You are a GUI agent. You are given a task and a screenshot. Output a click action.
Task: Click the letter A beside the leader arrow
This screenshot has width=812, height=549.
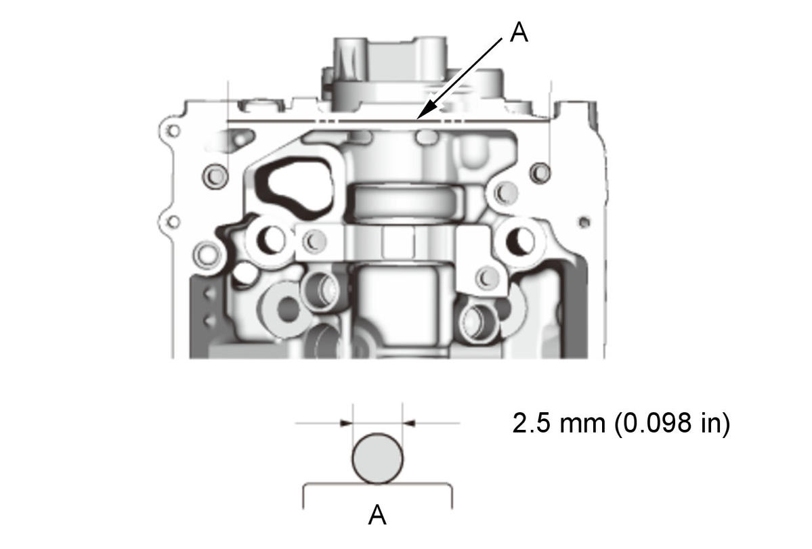coord(519,32)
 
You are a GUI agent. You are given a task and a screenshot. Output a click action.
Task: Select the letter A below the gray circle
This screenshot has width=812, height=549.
coord(377,515)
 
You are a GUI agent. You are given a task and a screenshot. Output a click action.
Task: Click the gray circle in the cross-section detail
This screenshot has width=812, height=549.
coord(377,459)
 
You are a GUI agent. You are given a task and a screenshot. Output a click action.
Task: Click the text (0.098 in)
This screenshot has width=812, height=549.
coord(672,422)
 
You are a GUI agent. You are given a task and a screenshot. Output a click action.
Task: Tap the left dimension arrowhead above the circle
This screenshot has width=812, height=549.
coord(346,424)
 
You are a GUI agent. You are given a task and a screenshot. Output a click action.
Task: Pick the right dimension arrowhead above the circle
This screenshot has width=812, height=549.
coord(409,424)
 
